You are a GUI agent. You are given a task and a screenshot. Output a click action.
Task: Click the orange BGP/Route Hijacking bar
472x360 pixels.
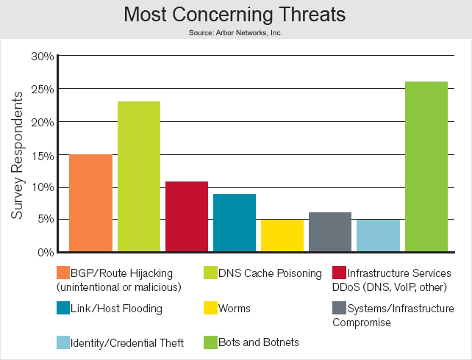coord(90,203)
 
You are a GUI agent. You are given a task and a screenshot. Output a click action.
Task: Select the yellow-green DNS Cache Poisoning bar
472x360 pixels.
coord(139,176)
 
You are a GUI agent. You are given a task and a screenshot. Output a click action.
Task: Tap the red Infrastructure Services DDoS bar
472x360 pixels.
coord(187,217)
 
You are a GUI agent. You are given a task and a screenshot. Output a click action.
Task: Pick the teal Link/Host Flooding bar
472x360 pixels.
coord(235,223)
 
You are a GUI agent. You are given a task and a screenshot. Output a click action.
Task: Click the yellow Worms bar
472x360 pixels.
coord(282,236)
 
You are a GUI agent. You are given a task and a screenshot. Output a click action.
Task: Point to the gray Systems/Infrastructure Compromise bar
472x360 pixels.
coord(330,232)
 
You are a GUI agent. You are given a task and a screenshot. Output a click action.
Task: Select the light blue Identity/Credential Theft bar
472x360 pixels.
coord(378,236)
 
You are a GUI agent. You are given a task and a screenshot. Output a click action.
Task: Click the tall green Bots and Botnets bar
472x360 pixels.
coord(426,167)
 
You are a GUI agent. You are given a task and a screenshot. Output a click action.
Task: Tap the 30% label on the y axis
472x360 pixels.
coord(43,57)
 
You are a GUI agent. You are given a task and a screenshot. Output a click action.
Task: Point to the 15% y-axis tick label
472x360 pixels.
coord(43,156)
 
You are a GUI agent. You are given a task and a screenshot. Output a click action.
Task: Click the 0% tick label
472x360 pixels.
coord(46,252)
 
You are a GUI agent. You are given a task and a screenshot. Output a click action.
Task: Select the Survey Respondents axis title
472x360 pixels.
coord(17,155)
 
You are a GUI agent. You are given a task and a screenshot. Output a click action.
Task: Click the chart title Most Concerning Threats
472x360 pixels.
coord(235,14)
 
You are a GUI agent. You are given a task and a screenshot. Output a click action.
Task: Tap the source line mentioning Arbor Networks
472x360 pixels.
coord(236,32)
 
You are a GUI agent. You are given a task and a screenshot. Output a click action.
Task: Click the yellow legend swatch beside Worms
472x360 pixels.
coord(210,308)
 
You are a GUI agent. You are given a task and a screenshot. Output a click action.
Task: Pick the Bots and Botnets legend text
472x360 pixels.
coord(259,342)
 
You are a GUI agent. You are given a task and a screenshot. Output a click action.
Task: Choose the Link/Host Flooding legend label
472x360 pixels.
coord(116,309)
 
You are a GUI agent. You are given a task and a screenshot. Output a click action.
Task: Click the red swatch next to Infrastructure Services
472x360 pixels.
coord(339,273)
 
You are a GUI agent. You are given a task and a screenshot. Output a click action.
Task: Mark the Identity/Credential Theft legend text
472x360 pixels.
coord(127,343)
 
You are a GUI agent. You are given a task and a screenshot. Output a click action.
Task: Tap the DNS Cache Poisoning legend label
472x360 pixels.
coord(270,273)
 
